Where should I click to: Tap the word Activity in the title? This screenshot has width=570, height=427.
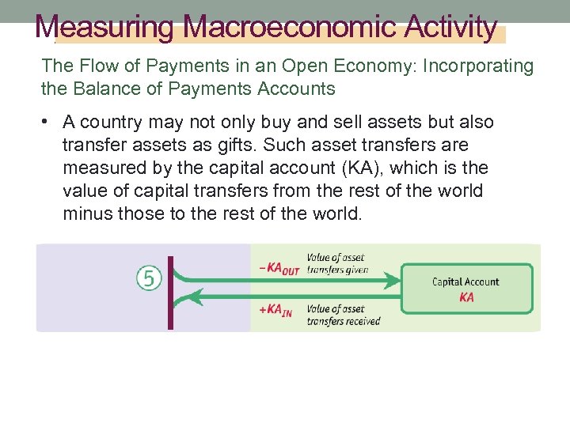(x=451, y=27)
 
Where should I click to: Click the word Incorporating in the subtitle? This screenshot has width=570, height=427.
(x=478, y=66)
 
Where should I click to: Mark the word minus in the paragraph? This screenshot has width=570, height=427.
(x=86, y=214)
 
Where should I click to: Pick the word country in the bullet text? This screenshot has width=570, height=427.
(x=110, y=123)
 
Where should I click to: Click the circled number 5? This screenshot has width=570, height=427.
(x=149, y=278)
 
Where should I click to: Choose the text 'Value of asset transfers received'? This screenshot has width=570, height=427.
(x=343, y=315)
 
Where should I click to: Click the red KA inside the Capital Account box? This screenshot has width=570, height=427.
(x=466, y=297)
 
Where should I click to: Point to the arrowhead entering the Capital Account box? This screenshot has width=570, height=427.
(x=394, y=281)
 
